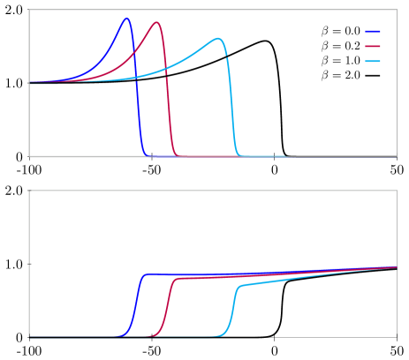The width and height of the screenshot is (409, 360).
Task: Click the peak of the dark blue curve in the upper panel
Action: [127, 19]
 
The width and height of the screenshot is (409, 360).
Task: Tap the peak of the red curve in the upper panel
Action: [157, 23]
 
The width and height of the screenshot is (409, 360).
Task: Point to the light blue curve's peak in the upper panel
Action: [218, 39]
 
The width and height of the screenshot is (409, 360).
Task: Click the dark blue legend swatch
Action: [373, 31]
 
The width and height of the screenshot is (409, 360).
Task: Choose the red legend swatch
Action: [373, 46]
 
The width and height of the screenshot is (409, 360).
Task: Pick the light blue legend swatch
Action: [373, 61]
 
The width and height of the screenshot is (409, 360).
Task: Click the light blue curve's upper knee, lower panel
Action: [241, 286]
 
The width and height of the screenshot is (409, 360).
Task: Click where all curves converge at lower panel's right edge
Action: [395, 266]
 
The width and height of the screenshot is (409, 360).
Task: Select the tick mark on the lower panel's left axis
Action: [30, 264]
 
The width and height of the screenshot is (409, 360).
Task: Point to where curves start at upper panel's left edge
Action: [31, 82]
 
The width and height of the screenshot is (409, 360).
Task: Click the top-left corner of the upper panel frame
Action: [29, 10]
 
